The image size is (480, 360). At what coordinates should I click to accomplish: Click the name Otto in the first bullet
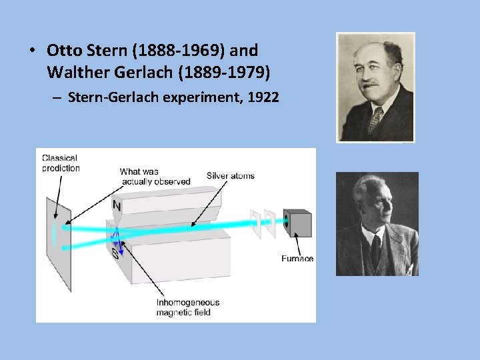point(63,51)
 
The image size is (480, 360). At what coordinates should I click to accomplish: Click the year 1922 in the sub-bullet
point(263,97)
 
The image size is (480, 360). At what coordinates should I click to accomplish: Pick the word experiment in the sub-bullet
point(208,97)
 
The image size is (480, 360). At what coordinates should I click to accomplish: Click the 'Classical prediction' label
point(61,163)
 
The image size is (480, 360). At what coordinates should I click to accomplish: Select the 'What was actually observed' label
point(155,177)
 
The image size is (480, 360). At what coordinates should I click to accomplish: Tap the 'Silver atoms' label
point(230,176)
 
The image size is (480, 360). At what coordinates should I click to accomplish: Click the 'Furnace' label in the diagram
point(297,259)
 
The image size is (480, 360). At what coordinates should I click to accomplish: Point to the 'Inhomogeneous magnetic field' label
point(187,307)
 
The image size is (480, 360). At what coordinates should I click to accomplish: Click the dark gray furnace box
point(298,224)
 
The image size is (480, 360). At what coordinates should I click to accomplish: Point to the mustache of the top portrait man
point(370,86)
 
